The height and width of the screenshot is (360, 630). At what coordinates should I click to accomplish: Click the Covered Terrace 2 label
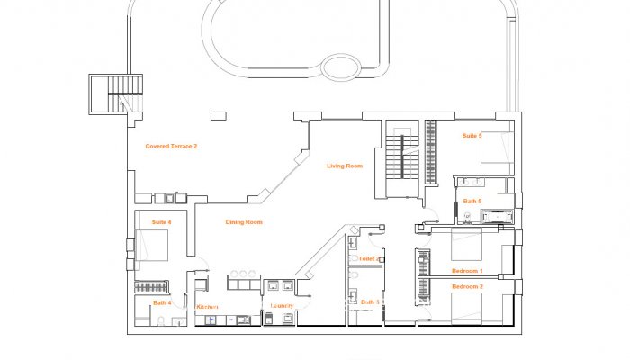pos(171,146)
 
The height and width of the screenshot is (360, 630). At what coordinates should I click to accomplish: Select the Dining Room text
pos(244,222)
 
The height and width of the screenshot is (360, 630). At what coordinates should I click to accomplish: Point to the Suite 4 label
pos(162,221)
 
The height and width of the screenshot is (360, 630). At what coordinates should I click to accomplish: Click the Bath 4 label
pos(161,302)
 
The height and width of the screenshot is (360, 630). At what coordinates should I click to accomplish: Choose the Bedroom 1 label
pos(467,270)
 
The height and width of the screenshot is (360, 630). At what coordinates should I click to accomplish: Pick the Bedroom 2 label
pos(467,286)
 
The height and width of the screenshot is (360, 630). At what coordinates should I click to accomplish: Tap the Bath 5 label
pos(472,201)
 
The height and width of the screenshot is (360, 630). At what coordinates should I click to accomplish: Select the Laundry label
pos(283,306)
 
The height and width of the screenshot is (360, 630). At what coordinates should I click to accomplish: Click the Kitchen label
pos(208,307)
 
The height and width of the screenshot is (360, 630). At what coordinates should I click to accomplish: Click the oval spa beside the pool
pos(341,67)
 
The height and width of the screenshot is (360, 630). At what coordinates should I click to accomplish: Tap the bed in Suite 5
pos(497,146)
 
